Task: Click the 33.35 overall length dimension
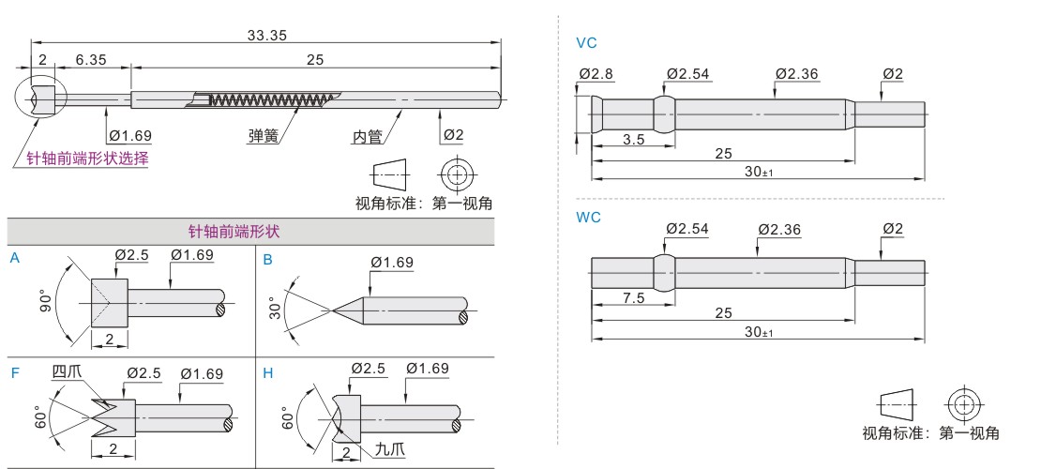(x=266, y=35)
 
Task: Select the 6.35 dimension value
(x=91, y=59)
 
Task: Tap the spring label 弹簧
(x=264, y=136)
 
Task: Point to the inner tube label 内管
(x=367, y=136)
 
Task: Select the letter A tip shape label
(x=15, y=257)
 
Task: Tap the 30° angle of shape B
(x=276, y=308)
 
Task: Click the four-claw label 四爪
(x=67, y=372)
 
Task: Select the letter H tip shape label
(x=268, y=373)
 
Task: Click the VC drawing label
(x=586, y=43)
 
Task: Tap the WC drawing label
(x=588, y=217)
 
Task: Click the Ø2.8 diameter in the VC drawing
(x=596, y=73)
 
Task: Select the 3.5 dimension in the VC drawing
(x=633, y=140)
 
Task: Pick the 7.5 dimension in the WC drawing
(x=633, y=298)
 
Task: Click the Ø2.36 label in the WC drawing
(x=778, y=229)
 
